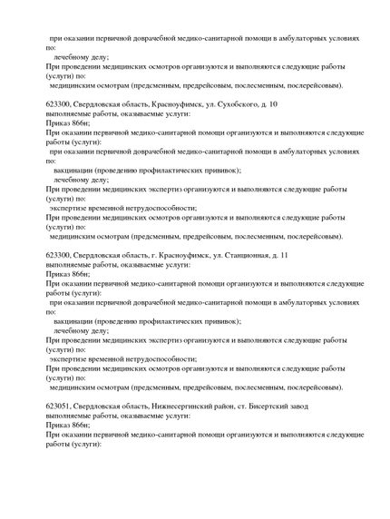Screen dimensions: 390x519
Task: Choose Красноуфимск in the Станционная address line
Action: tap(181, 256)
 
